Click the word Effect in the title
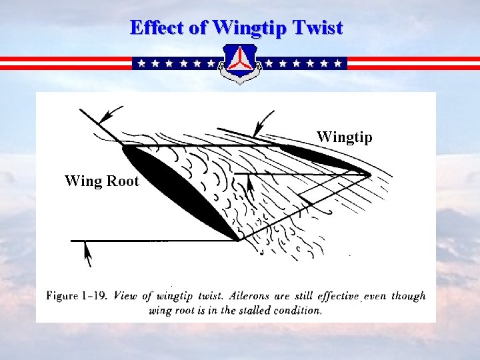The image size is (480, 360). click(x=153, y=28)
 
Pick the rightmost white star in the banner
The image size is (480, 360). click(x=339, y=63)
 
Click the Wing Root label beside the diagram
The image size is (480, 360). click(x=101, y=181)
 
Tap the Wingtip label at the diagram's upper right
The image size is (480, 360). click(x=344, y=137)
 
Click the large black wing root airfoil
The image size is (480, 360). click(x=180, y=190)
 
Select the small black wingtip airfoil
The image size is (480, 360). click(x=323, y=159)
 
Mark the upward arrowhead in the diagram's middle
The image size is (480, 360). click(x=250, y=183)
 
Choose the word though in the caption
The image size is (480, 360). click(x=408, y=296)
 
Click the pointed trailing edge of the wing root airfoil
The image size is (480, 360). click(x=238, y=239)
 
